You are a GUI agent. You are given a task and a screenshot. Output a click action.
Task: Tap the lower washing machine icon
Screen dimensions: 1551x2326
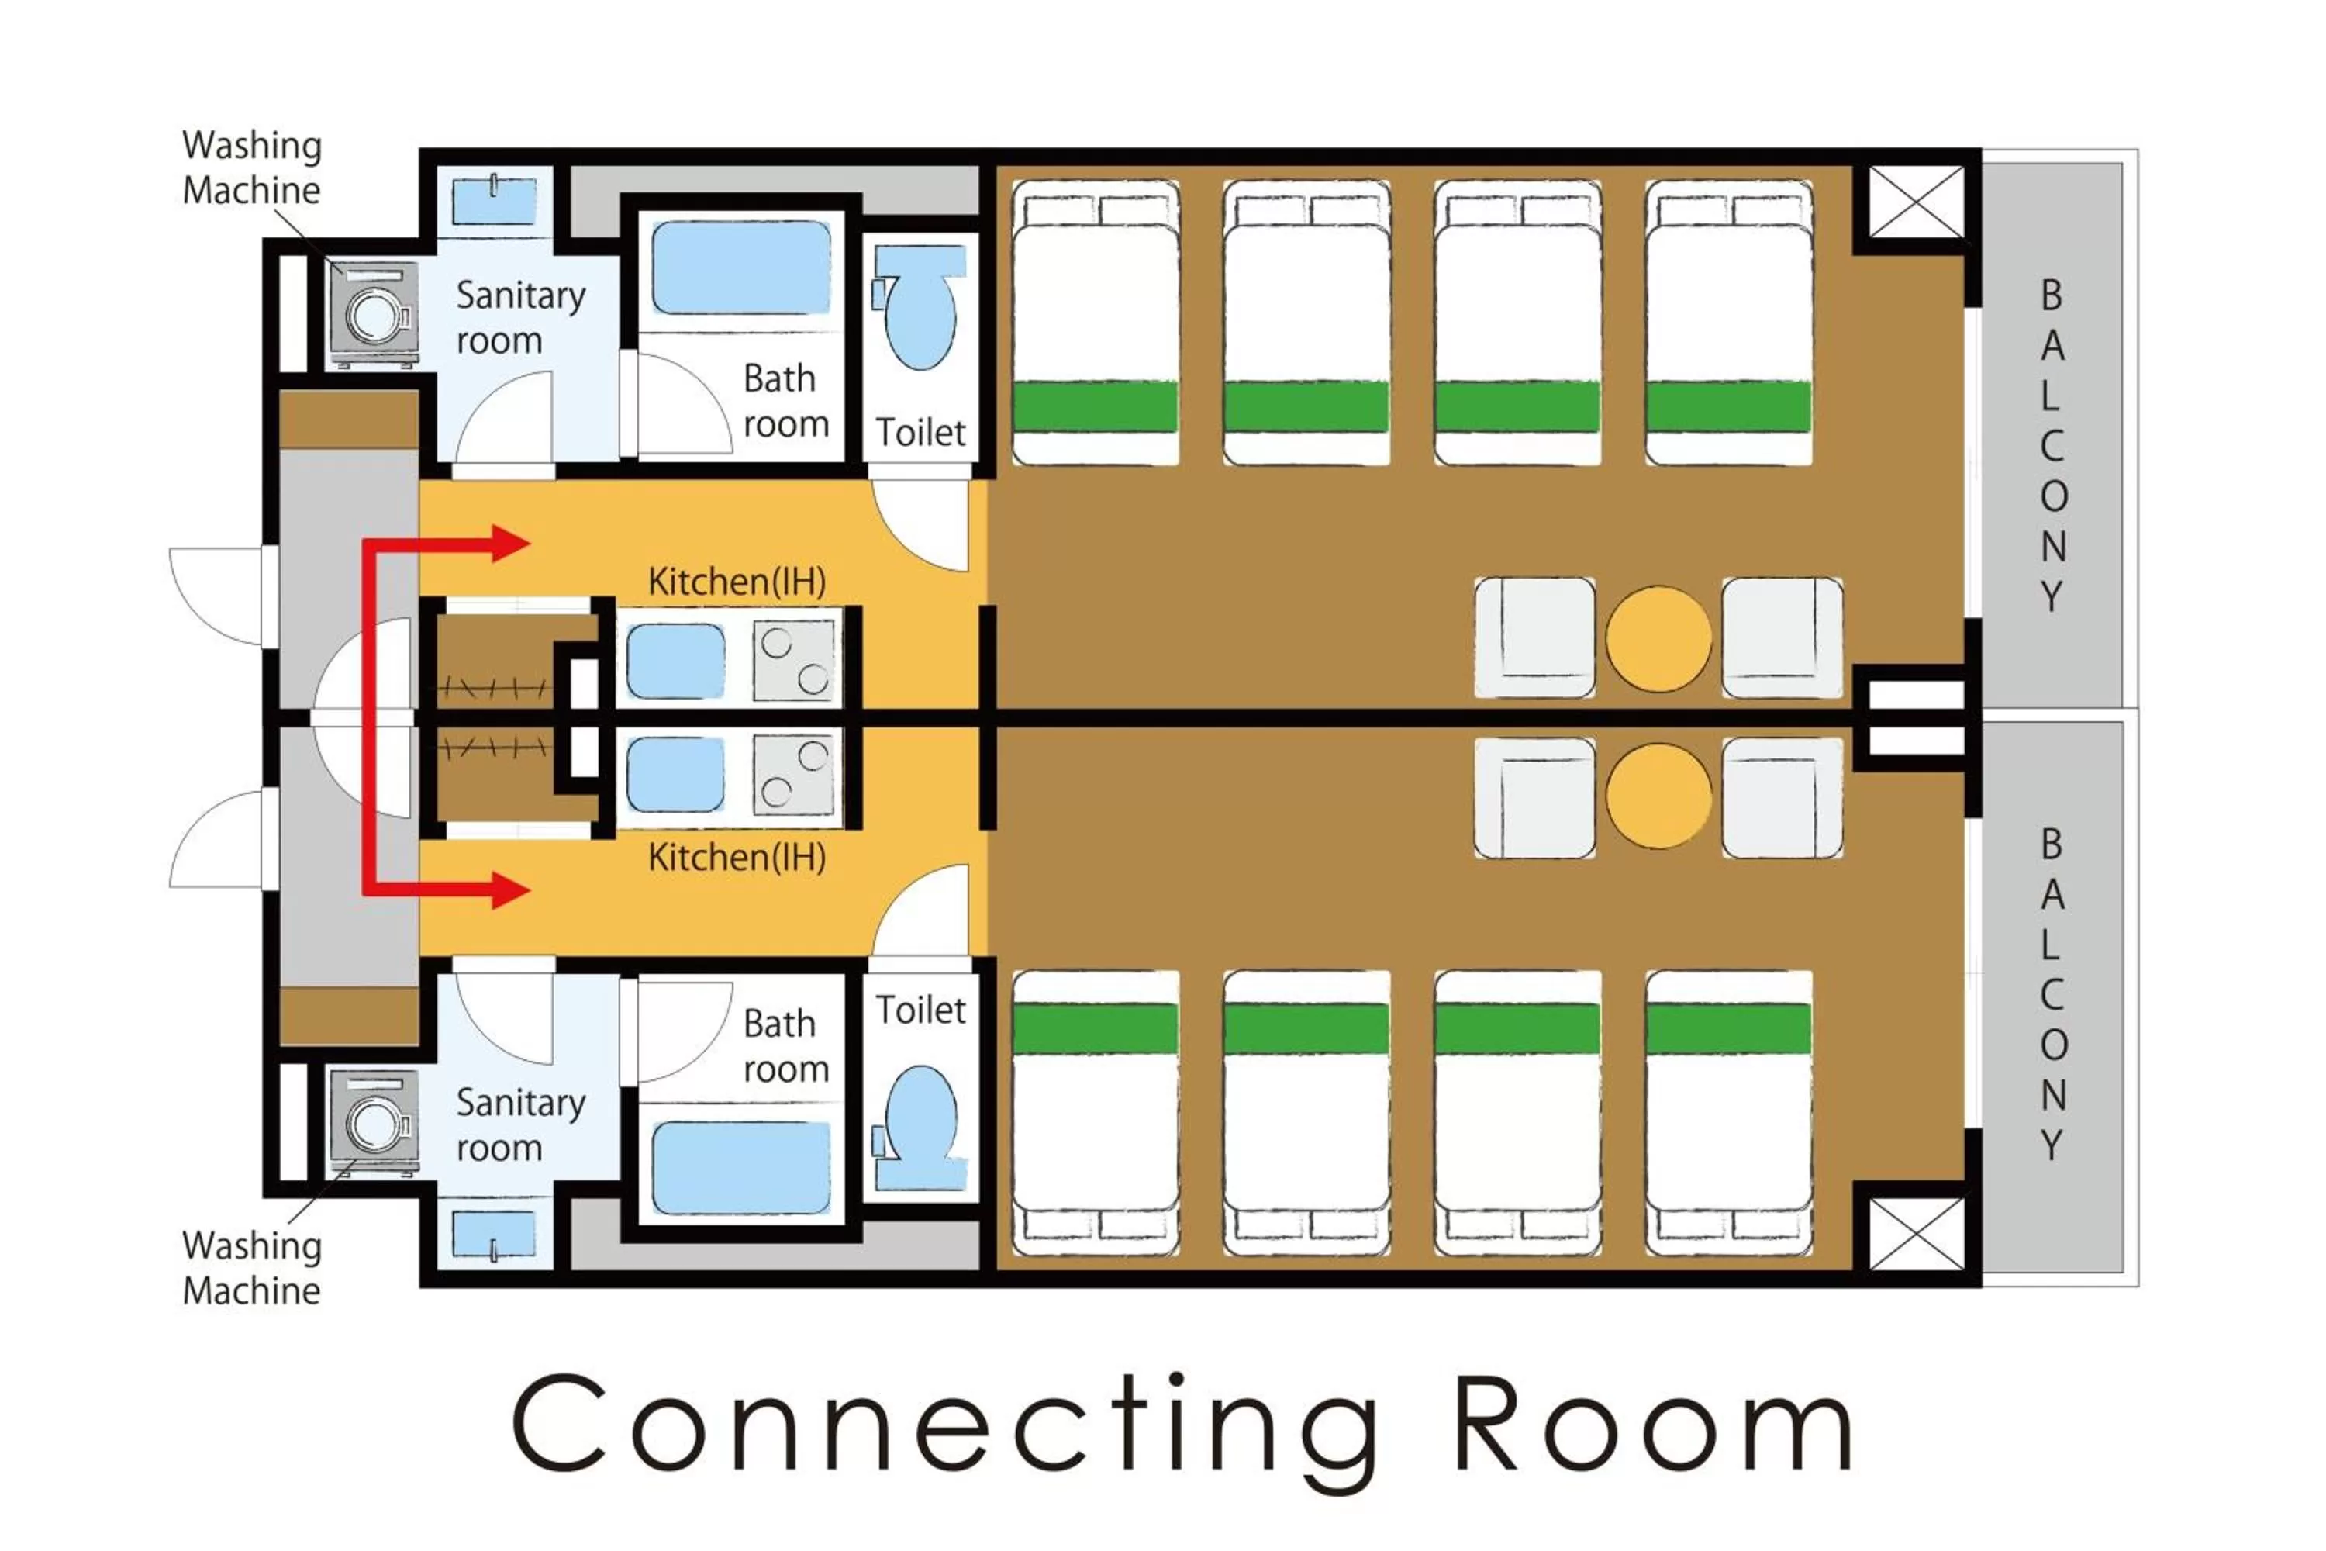click(374, 1121)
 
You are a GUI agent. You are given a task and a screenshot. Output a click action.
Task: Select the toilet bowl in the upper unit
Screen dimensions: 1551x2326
click(921, 312)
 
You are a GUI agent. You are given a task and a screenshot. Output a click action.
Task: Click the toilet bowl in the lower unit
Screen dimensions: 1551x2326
click(921, 1120)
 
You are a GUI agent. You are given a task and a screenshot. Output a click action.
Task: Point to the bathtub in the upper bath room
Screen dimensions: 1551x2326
click(740, 267)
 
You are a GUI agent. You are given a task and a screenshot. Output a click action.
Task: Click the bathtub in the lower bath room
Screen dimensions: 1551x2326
click(740, 1167)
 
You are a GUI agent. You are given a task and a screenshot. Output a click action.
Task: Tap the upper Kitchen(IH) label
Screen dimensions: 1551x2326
click(737, 582)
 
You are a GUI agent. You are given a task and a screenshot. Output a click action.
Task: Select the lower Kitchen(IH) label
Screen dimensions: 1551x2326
click(737, 857)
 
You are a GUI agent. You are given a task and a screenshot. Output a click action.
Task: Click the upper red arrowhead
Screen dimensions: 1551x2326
click(510, 543)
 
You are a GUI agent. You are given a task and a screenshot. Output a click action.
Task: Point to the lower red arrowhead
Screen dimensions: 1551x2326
click(510, 889)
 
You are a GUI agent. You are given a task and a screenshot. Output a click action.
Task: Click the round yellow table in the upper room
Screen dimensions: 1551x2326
click(1658, 639)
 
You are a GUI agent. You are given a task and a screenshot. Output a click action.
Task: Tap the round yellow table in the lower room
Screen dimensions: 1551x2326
click(1658, 796)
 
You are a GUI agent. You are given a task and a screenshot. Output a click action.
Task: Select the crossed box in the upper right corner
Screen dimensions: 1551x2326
click(1916, 202)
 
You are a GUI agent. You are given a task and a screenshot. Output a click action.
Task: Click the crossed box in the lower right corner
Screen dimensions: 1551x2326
click(1916, 1232)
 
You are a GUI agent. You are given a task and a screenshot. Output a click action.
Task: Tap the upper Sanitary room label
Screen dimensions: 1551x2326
click(519, 317)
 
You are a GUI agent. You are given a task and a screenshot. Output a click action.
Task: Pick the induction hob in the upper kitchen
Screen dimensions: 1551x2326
click(794, 660)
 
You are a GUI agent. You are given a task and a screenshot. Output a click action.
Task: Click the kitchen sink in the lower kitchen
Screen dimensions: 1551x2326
click(675, 775)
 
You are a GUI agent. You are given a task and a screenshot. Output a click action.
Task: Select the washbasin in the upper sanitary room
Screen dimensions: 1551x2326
click(495, 201)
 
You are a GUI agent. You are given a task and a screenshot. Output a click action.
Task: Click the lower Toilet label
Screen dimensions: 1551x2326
click(920, 1010)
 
